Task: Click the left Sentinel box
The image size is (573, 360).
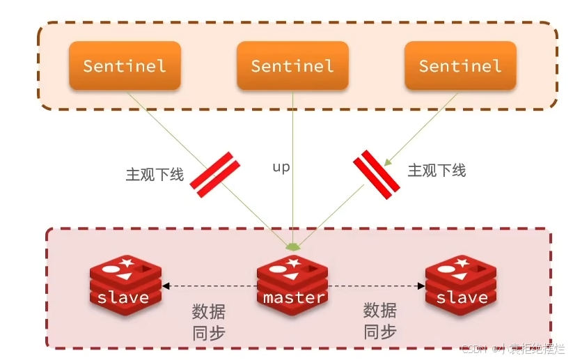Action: coord(125,65)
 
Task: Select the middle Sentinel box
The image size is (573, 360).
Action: coord(292,65)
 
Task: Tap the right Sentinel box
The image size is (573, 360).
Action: coord(460,65)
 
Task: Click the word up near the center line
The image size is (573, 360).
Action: coord(281,167)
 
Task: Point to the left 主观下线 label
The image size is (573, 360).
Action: coord(155,174)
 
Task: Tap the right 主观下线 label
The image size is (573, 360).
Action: coord(437,171)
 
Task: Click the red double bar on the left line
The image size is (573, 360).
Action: coord(215,175)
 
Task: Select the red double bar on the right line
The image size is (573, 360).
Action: coord(376,174)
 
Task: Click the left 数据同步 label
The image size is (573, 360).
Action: coord(209,321)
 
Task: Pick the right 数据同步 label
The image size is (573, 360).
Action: coord(380,321)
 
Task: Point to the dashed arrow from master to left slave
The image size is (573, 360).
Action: coord(209,285)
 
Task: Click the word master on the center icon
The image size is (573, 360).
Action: coord(294,297)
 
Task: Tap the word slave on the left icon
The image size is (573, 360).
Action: coord(123,297)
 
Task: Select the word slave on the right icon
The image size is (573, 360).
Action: coord(462,297)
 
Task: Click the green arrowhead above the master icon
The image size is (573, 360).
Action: coord(294,246)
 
